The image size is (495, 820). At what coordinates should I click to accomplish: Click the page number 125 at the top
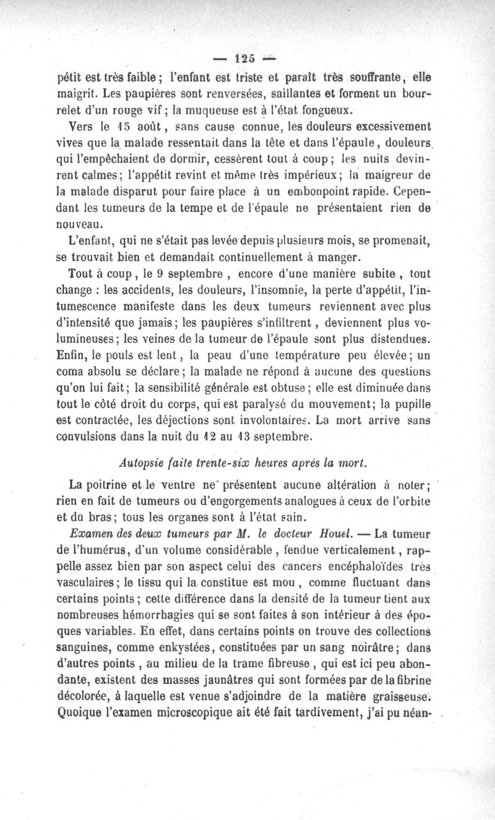(249, 61)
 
